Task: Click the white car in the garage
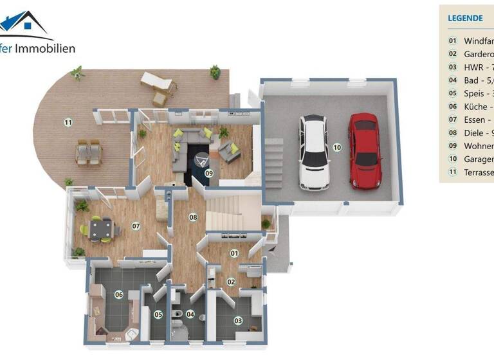(x=314, y=152)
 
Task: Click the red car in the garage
(x=364, y=150)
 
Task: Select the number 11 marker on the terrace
(x=68, y=122)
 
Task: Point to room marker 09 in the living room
(x=208, y=173)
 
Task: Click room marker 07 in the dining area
(x=136, y=226)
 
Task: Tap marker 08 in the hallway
(x=192, y=217)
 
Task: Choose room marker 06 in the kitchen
(x=118, y=294)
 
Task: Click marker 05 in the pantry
(x=158, y=314)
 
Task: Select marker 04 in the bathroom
(x=190, y=314)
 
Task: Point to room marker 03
(x=238, y=320)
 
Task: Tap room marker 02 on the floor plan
(x=230, y=281)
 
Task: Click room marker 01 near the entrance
(x=234, y=253)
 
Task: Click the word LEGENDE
(x=464, y=18)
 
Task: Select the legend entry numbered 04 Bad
(x=472, y=80)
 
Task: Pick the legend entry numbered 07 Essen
(x=472, y=120)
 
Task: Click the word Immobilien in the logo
(x=45, y=48)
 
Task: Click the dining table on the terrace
(x=89, y=152)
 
